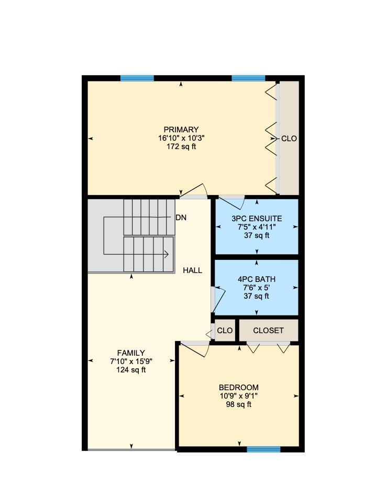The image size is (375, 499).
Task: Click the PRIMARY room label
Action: tap(181, 130)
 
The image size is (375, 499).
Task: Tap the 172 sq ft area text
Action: tap(181, 147)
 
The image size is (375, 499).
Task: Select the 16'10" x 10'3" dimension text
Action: tap(181, 139)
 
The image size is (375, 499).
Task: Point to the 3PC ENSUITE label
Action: tap(257, 219)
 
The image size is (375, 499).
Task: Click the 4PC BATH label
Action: tap(257, 279)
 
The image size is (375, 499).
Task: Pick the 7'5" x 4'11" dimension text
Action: tap(257, 227)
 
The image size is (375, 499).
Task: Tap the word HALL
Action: tap(192, 270)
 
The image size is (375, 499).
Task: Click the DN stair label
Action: tap(181, 218)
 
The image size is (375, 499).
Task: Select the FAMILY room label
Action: tap(131, 353)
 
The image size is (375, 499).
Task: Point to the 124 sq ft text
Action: tap(131, 370)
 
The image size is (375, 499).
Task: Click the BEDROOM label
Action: tap(238, 388)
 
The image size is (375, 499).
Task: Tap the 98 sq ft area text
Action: tap(238, 404)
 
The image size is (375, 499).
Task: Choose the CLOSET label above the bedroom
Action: tap(268, 331)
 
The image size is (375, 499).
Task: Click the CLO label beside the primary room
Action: tap(289, 139)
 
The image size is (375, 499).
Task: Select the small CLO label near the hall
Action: tap(225, 331)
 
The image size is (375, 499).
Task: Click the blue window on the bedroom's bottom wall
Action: tap(263, 449)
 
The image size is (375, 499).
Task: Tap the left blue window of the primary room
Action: tap(137, 78)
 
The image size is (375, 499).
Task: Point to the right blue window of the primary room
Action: tap(248, 78)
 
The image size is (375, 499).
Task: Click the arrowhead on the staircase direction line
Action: tap(166, 255)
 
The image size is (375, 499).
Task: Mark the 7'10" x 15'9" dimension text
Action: tap(131, 361)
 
